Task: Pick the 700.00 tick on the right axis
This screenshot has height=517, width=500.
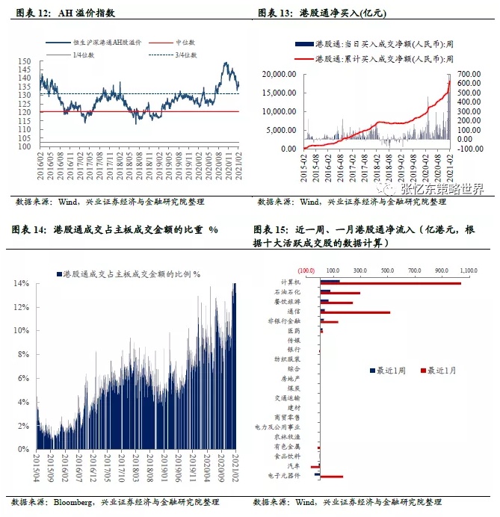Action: (x=468, y=75)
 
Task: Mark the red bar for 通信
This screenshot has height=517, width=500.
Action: (x=356, y=312)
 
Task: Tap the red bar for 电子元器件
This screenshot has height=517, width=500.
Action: (x=331, y=476)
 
